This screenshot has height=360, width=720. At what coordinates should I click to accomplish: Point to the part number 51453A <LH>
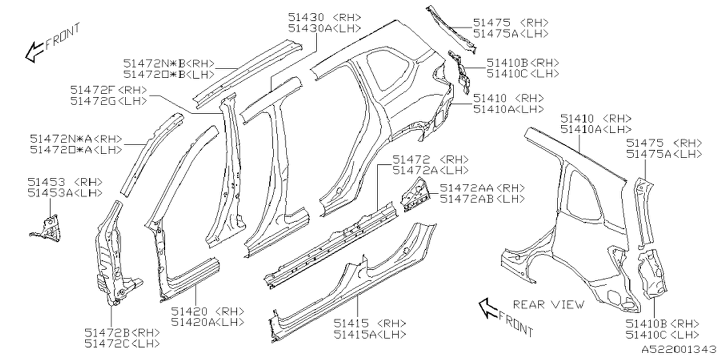pyautogui.click(x=65, y=192)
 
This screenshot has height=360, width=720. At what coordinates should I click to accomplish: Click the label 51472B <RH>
pyautogui.click(x=122, y=332)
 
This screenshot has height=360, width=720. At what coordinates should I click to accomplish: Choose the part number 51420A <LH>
pyautogui.click(x=208, y=322)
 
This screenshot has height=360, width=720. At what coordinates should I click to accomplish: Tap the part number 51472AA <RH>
pyautogui.click(x=482, y=188)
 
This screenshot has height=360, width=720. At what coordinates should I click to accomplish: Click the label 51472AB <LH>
pyautogui.click(x=482, y=199)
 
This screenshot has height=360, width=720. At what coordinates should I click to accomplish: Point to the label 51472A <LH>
pyautogui.click(x=430, y=170)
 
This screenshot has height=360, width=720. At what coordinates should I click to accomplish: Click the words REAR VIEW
pyautogui.click(x=548, y=304)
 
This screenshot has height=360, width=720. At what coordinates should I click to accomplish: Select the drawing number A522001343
pyautogui.click(x=679, y=349)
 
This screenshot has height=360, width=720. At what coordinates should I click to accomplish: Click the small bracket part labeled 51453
pyautogui.click(x=48, y=227)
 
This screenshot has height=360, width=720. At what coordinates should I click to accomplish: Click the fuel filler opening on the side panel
pyautogui.click(x=438, y=118)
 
